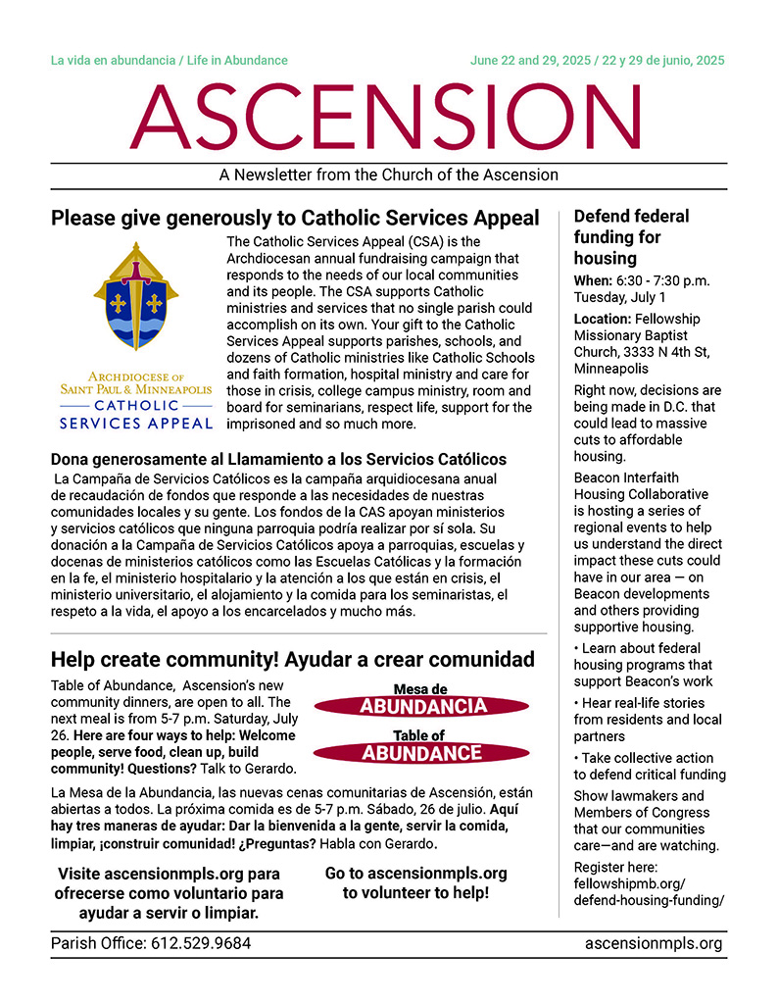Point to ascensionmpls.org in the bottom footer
pos(653,944)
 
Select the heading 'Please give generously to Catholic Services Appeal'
pos(295,218)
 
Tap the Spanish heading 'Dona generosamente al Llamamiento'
pos(278,459)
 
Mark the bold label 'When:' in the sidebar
pos(594,280)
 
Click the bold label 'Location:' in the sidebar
pos(603,319)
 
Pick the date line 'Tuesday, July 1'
pos(619,297)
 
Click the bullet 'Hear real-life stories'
pos(649,703)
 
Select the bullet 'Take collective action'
pos(649,758)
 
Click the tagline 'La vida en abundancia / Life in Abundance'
pos(170,61)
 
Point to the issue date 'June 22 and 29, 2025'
pos(530,61)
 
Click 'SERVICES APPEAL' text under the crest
pos(136,424)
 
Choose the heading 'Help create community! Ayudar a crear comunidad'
pos(293,659)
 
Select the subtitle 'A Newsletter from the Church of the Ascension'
pos(389,176)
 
